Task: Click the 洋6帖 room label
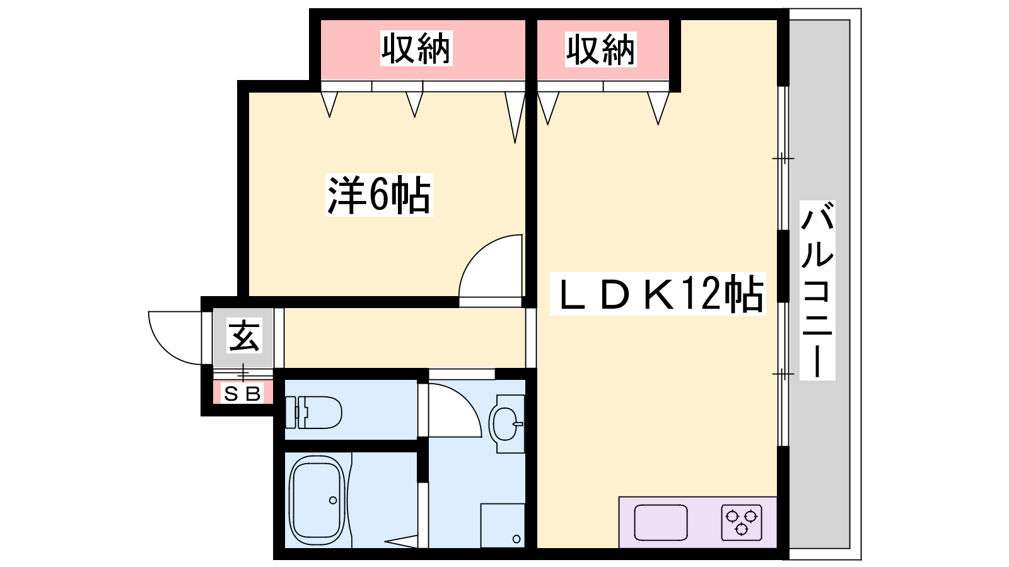379,195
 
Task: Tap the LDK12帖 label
658,294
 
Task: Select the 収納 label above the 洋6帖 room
416,48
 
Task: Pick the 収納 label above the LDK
601,49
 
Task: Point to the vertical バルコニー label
817,290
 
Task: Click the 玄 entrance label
243,335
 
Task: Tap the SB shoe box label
242,394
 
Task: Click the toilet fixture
313,412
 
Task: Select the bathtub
317,500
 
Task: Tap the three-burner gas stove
742,522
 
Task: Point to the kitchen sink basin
661,522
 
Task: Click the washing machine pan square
503,525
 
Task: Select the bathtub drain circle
333,500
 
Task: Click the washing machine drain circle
516,539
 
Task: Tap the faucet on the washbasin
518,424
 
